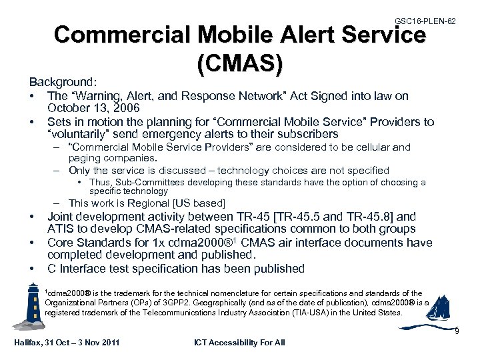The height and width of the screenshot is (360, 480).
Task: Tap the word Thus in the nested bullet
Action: point(101,183)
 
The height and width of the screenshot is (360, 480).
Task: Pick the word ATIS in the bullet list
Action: point(61,229)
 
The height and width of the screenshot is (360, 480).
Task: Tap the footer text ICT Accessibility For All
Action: point(239,343)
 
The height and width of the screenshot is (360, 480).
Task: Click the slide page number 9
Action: point(457,331)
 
